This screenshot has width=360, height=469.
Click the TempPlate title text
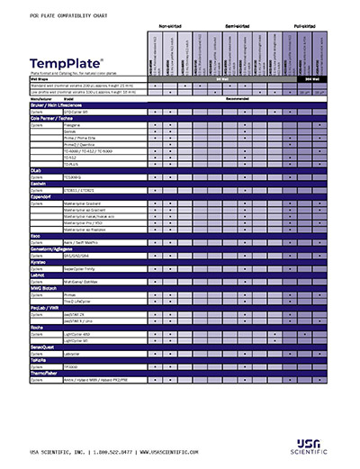(x=65, y=61)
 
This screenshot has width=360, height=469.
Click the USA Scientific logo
(x=312, y=446)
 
